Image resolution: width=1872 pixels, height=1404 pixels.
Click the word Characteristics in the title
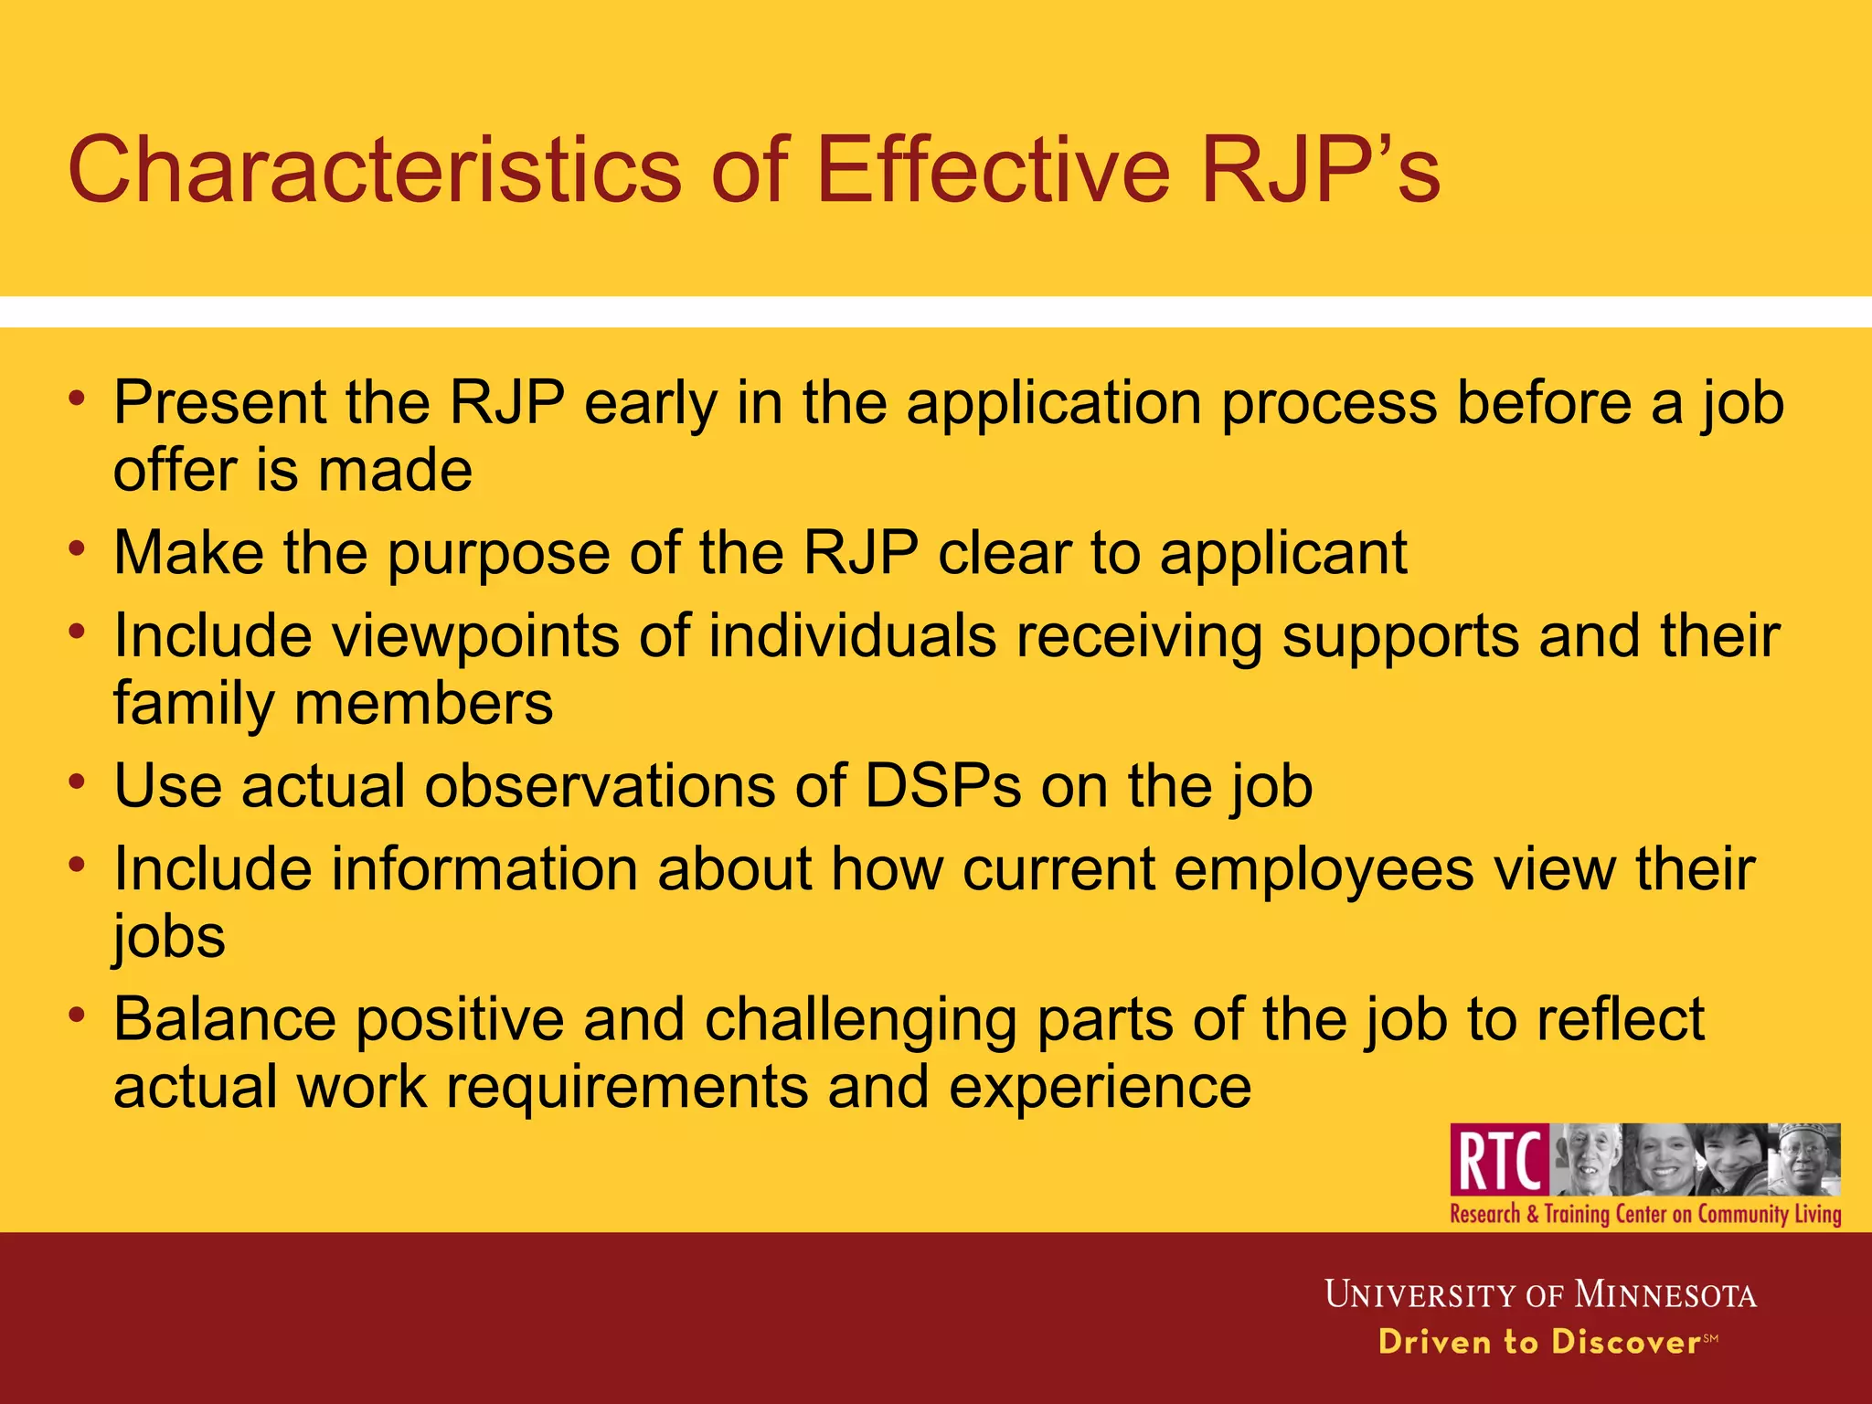[374, 170]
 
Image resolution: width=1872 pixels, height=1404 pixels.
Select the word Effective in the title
[993, 170]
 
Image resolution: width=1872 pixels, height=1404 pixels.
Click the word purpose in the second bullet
[498, 554]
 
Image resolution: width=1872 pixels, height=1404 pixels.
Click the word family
[193, 704]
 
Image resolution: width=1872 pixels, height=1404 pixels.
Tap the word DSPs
[942, 786]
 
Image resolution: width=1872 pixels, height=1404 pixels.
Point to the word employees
[1324, 868]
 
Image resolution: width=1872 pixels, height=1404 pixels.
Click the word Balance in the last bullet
[225, 1019]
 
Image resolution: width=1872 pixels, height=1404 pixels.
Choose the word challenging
[860, 1019]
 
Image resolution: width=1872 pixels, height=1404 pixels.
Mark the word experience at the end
[1100, 1088]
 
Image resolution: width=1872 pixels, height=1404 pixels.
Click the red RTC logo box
[1499, 1160]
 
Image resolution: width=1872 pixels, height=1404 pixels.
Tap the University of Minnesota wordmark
[1540, 1294]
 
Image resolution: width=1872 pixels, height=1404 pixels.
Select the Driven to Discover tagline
[1540, 1342]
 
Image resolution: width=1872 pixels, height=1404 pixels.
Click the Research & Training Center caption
[1645, 1215]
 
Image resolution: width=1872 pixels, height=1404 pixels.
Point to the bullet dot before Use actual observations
[79, 782]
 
